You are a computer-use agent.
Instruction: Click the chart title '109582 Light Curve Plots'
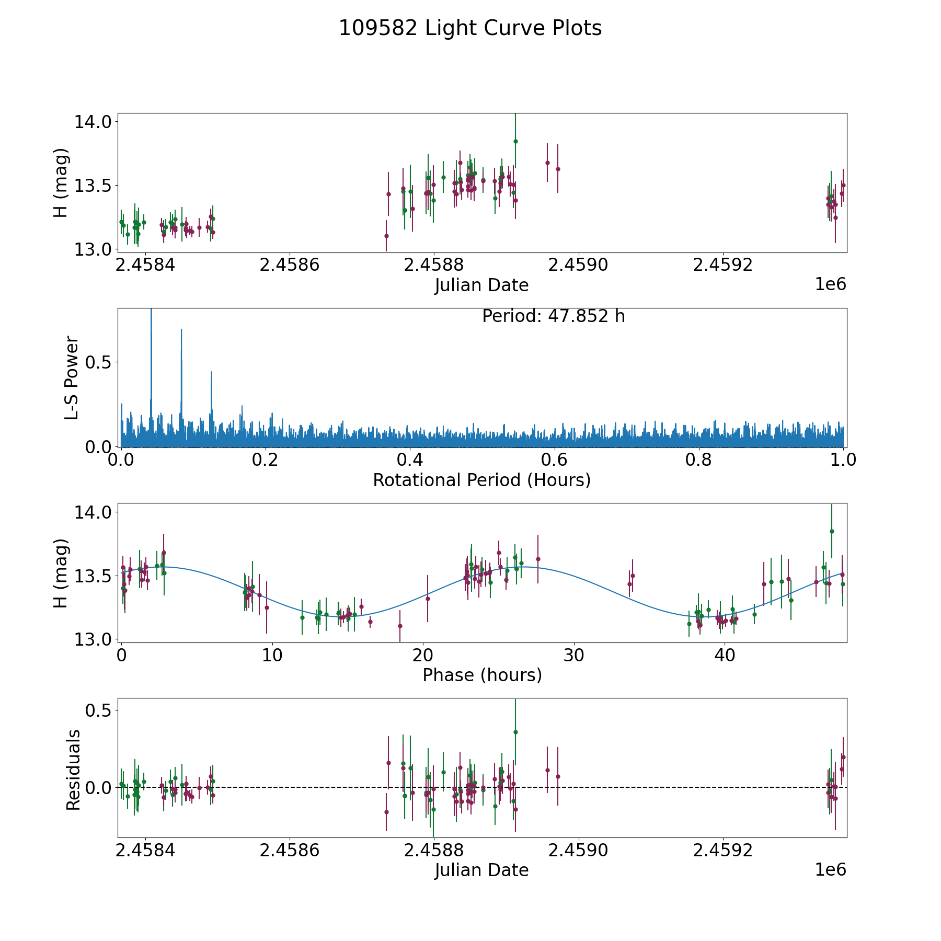coord(470,28)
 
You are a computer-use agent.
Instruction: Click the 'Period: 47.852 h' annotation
coord(553,316)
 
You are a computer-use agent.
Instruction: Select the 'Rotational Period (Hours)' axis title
coord(481,480)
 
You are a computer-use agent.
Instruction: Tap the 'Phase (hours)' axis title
coord(481,675)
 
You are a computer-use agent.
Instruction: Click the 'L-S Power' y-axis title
coord(72,377)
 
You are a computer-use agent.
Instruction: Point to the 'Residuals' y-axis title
coord(73,770)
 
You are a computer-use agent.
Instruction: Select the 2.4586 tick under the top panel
coord(289,265)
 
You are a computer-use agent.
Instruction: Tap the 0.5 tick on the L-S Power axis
coord(98,362)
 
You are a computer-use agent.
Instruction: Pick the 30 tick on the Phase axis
coord(574,655)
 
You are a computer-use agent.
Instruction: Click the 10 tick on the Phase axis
coord(272,655)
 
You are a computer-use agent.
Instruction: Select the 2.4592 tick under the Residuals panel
coord(722,850)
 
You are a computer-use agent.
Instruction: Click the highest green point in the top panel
coord(515,141)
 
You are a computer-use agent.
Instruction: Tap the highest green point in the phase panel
coord(832,531)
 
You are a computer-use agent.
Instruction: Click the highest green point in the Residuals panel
coord(515,732)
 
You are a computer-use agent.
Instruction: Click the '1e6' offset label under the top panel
coord(830,284)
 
